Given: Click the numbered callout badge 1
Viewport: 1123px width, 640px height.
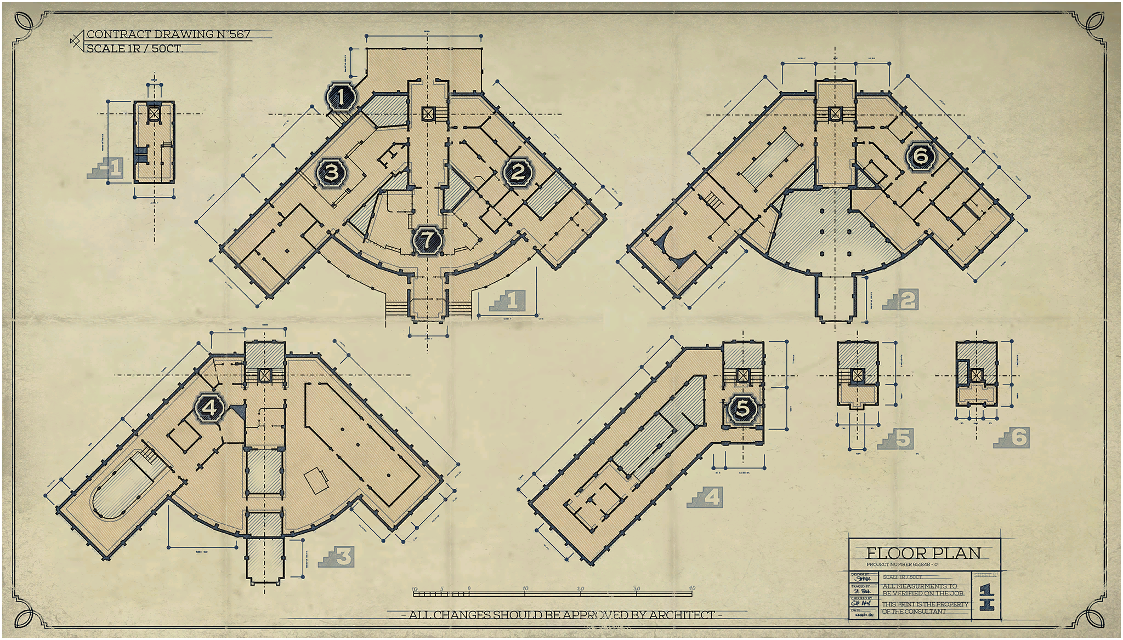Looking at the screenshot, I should click(342, 97).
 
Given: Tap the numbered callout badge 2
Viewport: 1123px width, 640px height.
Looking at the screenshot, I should click(517, 172).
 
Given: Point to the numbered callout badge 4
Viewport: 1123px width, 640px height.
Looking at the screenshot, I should click(209, 408).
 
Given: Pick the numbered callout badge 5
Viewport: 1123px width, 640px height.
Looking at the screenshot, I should click(742, 408).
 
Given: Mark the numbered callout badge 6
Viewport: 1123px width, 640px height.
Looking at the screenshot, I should click(920, 156).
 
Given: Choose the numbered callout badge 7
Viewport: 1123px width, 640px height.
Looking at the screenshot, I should click(427, 239).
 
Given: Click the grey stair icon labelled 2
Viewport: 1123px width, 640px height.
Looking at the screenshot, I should click(900, 300).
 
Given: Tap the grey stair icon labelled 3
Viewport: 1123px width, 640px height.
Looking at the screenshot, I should click(336, 557).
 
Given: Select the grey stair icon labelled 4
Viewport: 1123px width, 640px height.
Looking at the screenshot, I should click(705, 498).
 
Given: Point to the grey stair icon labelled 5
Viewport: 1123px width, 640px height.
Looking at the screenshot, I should click(896, 439).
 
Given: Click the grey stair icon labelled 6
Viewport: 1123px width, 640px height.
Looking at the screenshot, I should click(1012, 438).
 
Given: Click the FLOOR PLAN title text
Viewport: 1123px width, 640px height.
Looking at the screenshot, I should click(923, 553).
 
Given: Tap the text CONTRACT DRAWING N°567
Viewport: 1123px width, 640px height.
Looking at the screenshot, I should click(168, 34).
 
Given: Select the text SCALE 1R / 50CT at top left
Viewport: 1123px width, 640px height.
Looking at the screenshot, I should click(134, 48).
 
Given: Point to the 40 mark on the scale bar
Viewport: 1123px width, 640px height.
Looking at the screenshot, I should click(692, 588).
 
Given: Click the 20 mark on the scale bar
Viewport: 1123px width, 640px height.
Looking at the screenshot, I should click(581, 588).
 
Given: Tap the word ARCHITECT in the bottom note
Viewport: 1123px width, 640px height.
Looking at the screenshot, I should click(682, 615).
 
